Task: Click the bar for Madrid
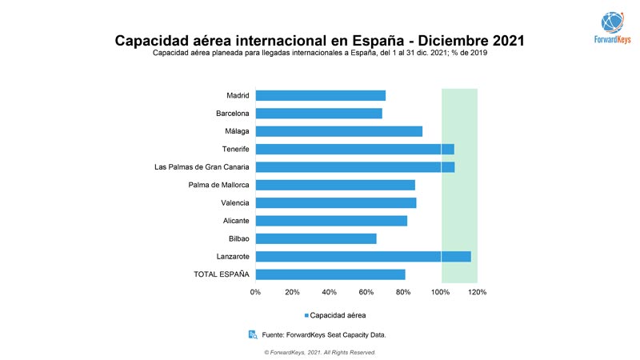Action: (x=320, y=96)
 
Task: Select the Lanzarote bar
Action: (x=363, y=257)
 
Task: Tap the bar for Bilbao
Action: (x=315, y=238)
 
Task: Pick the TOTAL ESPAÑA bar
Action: (x=330, y=274)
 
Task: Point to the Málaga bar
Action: (x=338, y=131)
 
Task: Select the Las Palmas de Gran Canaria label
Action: (x=202, y=167)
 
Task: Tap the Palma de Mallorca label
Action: (x=218, y=185)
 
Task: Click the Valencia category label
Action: (x=235, y=203)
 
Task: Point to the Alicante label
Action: (x=236, y=221)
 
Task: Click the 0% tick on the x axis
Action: (x=256, y=292)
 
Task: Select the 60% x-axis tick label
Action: (x=367, y=292)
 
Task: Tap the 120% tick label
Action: (x=478, y=292)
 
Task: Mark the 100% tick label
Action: (x=441, y=292)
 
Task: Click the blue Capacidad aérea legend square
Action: (x=306, y=315)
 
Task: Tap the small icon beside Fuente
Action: (x=253, y=334)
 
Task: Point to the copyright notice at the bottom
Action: (x=319, y=352)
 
